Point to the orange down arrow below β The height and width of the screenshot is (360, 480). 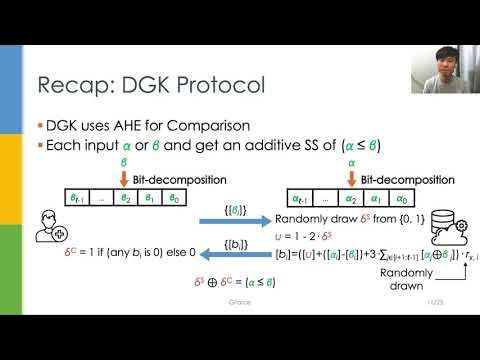[x=123, y=175]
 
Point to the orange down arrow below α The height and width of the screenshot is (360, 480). [x=350, y=175]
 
